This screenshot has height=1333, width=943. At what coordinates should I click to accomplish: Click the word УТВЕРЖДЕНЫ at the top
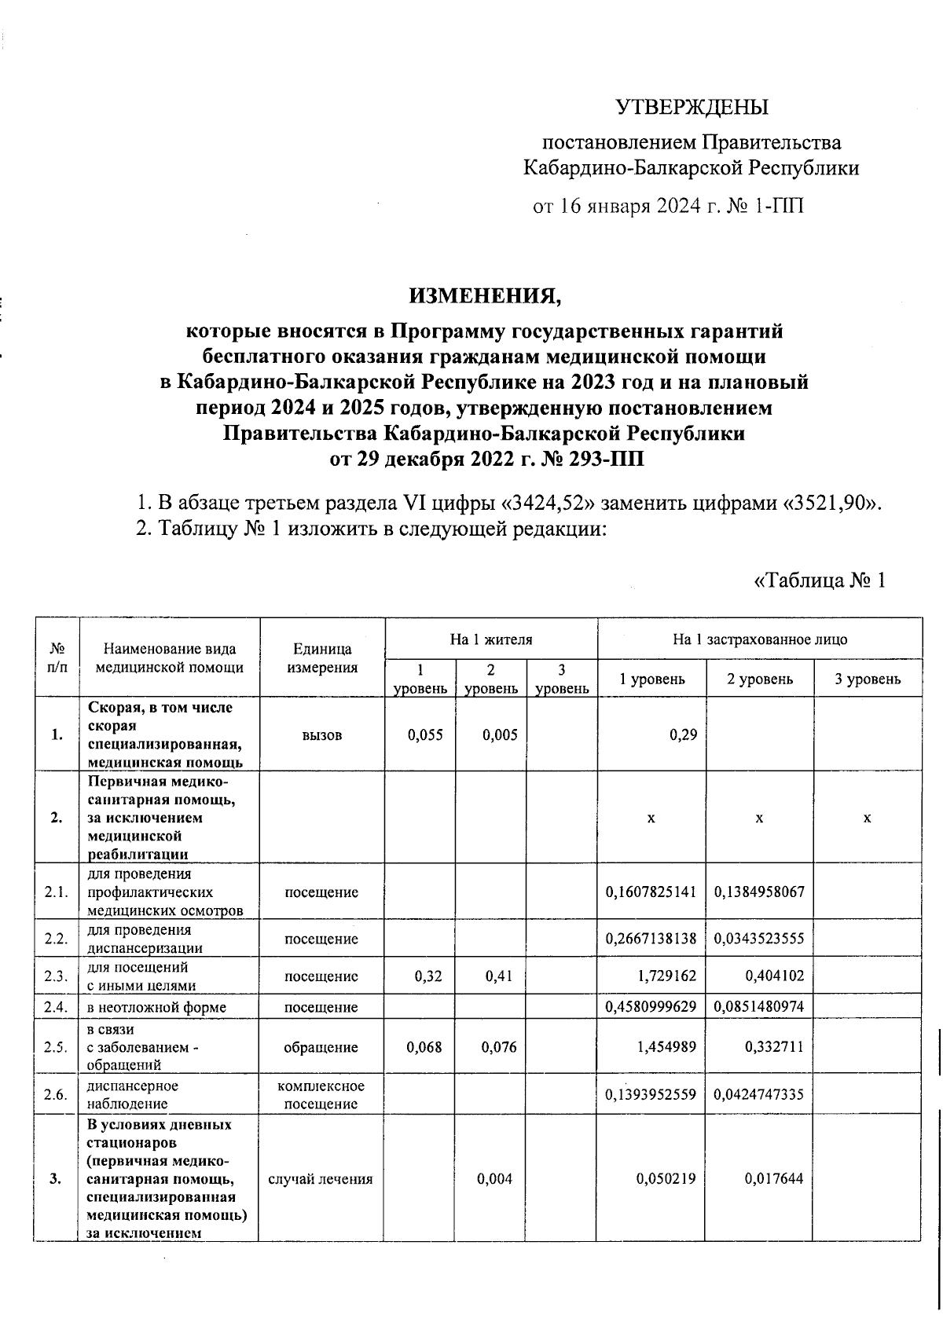[691, 107]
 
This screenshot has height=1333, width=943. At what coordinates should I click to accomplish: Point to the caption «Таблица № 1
[820, 580]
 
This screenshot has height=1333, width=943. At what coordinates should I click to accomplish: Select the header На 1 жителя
[491, 639]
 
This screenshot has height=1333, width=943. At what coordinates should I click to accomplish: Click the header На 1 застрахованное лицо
[760, 639]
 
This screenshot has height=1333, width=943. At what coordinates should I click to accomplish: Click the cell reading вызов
[321, 735]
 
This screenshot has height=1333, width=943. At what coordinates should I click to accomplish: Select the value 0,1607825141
[651, 892]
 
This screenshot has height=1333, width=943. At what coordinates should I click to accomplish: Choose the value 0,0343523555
[759, 939]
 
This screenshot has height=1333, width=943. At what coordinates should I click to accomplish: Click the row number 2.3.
[57, 976]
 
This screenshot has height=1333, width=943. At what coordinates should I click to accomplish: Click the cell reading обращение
[321, 1047]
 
